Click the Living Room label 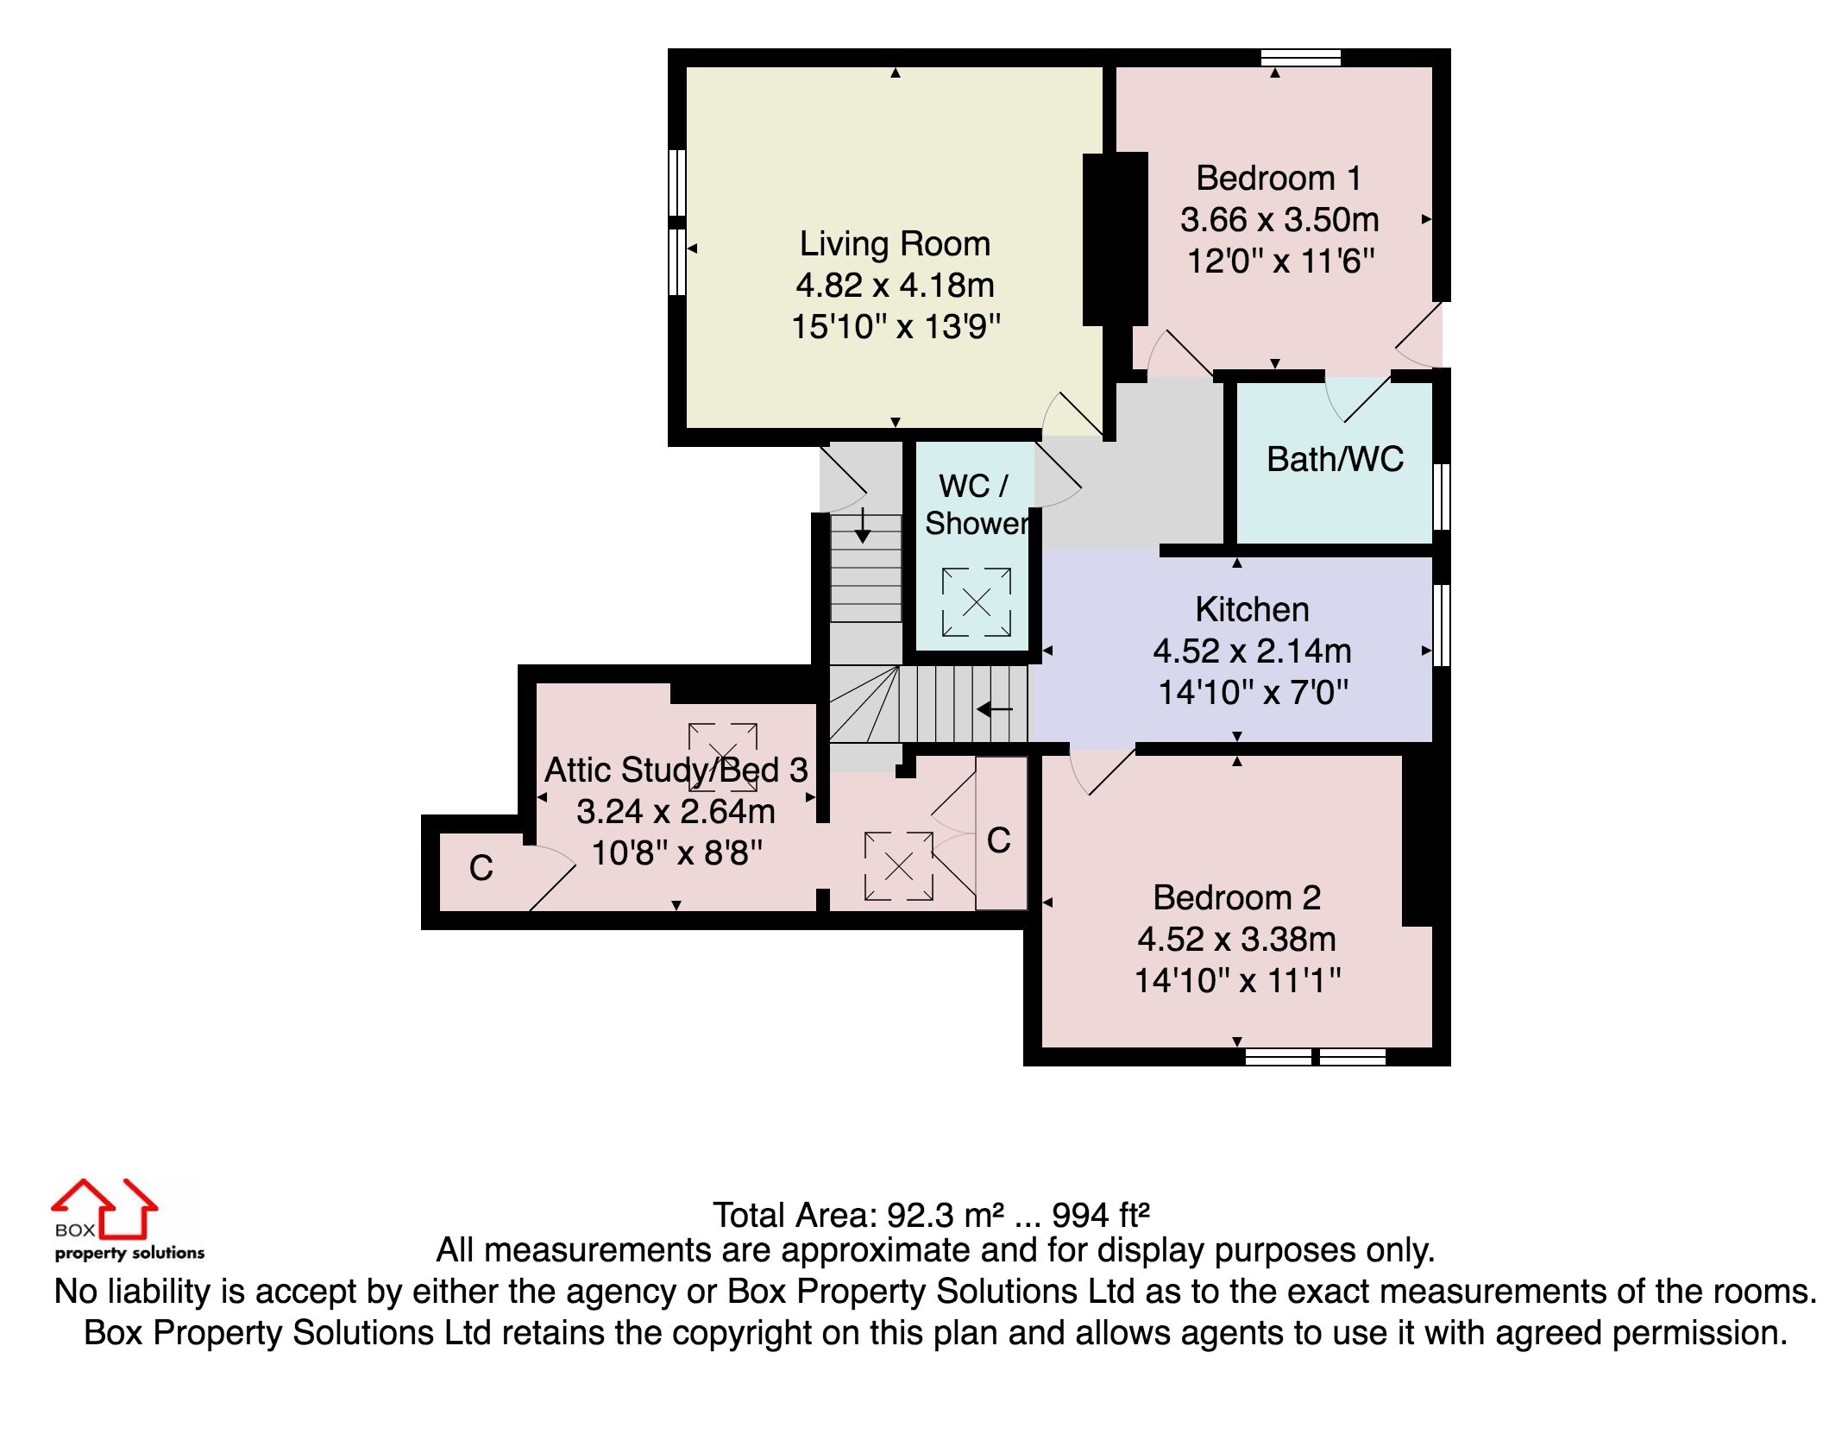click(895, 244)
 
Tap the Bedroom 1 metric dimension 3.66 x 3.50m click(1279, 220)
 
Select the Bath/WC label click(1335, 459)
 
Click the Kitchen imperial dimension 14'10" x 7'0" click(1252, 692)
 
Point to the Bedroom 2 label click(1236, 898)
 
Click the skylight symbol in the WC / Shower click(976, 601)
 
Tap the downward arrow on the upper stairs click(862, 525)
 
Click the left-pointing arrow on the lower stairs click(994, 710)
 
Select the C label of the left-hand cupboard click(481, 868)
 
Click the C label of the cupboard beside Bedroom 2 click(998, 840)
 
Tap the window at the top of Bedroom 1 click(1300, 58)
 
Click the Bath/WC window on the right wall click(1441, 496)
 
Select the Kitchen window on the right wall click(1441, 626)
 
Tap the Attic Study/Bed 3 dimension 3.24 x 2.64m click(676, 812)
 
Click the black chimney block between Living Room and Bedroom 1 click(1115, 239)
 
